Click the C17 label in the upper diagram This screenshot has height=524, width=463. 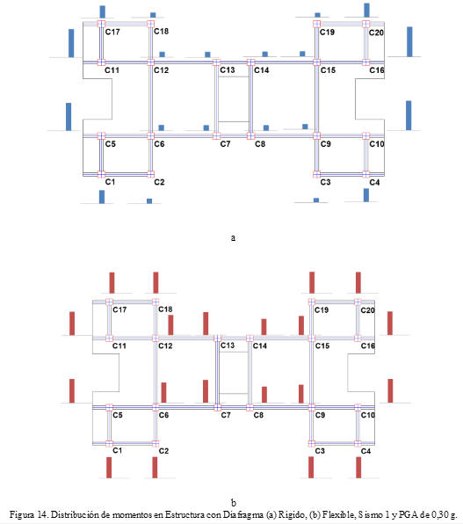(x=112, y=32)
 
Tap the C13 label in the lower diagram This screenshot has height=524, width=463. (x=228, y=346)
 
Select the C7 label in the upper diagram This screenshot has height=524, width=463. (x=225, y=144)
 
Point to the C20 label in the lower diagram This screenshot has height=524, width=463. (x=367, y=310)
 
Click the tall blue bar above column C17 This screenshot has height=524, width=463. (x=103, y=11)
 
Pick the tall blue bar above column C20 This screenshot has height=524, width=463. (x=366, y=10)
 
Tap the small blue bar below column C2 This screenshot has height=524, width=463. (x=149, y=200)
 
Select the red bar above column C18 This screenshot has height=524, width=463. (x=156, y=283)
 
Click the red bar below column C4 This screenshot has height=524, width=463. (x=358, y=468)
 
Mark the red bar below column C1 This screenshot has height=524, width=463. (x=109, y=468)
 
